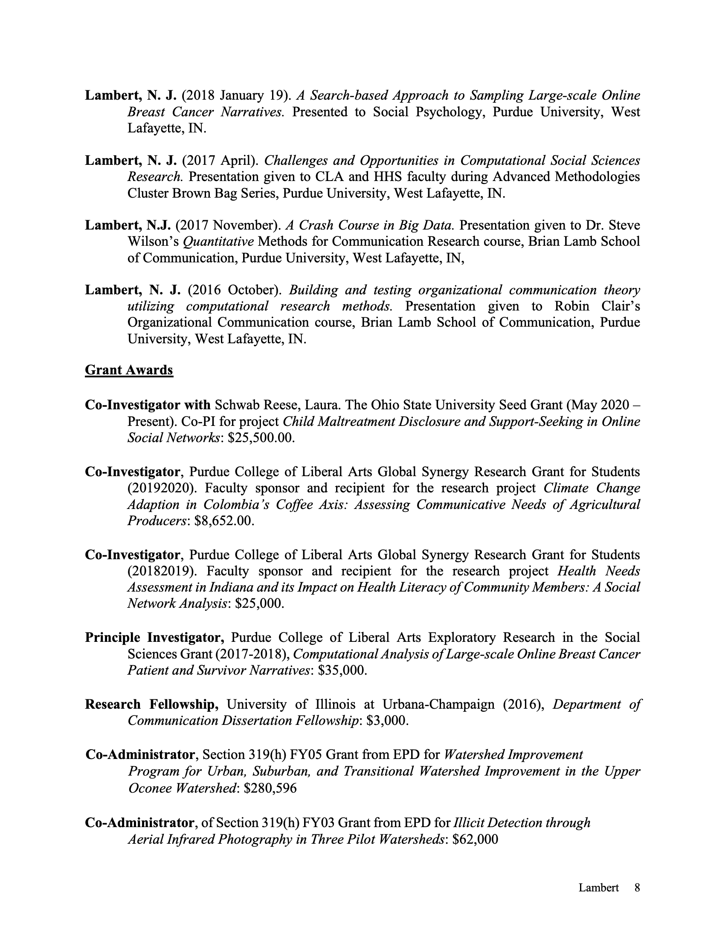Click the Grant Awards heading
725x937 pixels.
coord(129,370)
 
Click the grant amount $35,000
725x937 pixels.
coord(343,670)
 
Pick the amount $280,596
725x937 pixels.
coord(270,788)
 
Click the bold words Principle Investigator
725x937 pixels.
coord(154,637)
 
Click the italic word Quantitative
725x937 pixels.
coord(218,241)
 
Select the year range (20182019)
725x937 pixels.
coord(163,571)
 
